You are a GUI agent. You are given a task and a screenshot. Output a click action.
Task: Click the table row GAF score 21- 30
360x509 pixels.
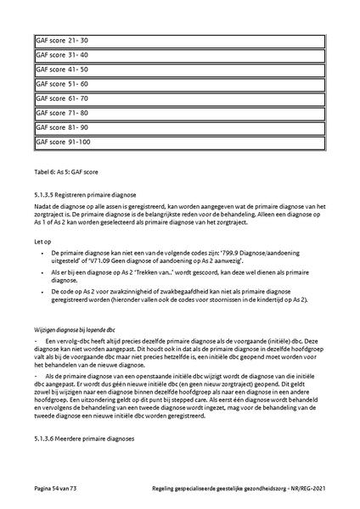click(179, 40)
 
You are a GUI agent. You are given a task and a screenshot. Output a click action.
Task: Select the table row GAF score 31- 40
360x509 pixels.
click(179, 54)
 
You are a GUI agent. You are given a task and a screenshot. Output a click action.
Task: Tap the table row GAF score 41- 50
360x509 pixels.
click(179, 69)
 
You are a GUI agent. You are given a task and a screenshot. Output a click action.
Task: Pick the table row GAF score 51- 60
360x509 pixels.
click(179, 84)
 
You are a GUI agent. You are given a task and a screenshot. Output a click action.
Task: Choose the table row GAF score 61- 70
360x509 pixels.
click(179, 98)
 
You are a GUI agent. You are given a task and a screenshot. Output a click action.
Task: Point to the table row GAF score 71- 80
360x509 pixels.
click(179, 113)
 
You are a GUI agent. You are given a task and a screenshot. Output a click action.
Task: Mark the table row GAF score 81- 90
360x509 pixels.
click(179, 127)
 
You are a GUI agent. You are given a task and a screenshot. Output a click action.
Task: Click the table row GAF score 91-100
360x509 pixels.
click(179, 142)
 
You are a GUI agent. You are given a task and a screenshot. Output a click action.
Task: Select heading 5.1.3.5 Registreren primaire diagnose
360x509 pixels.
click(88, 193)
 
